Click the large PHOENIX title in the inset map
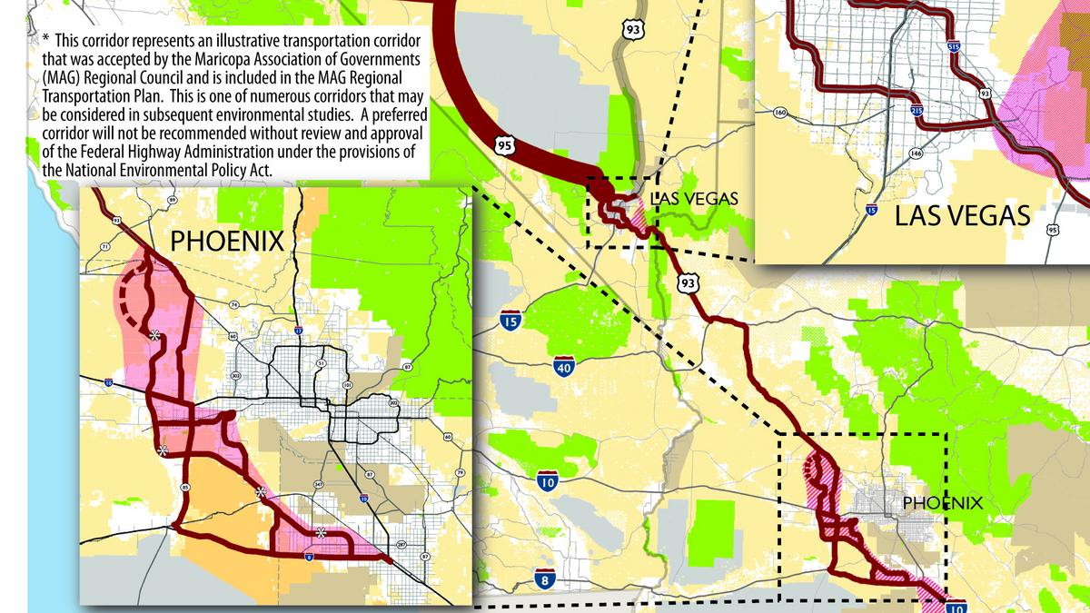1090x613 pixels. tap(228, 242)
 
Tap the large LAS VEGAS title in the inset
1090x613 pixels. tap(962, 215)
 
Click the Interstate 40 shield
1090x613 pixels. tap(564, 366)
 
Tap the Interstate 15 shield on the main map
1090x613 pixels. tap(510, 321)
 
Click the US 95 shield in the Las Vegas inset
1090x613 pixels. tap(1052, 230)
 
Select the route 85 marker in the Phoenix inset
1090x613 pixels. tap(185, 488)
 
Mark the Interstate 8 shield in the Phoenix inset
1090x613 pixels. tap(309, 558)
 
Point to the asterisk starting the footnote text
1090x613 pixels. tap(45, 41)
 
